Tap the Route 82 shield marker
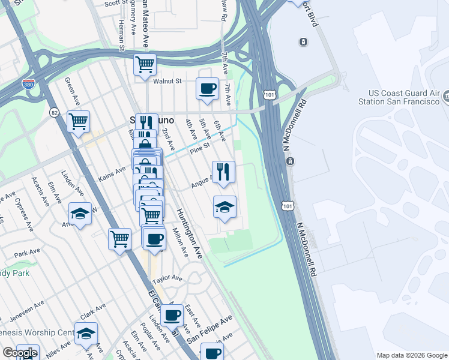55,112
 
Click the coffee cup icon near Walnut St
207,89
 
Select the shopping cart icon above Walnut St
145,64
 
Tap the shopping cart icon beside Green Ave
79,121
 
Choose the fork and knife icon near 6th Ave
223,172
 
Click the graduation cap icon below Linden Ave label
79,213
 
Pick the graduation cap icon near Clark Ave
86,333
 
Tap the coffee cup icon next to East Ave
172,314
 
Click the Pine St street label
199,145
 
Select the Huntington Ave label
190,233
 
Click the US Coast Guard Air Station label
403,98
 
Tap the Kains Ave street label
112,175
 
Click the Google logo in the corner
20,353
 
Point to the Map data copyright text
411,355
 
